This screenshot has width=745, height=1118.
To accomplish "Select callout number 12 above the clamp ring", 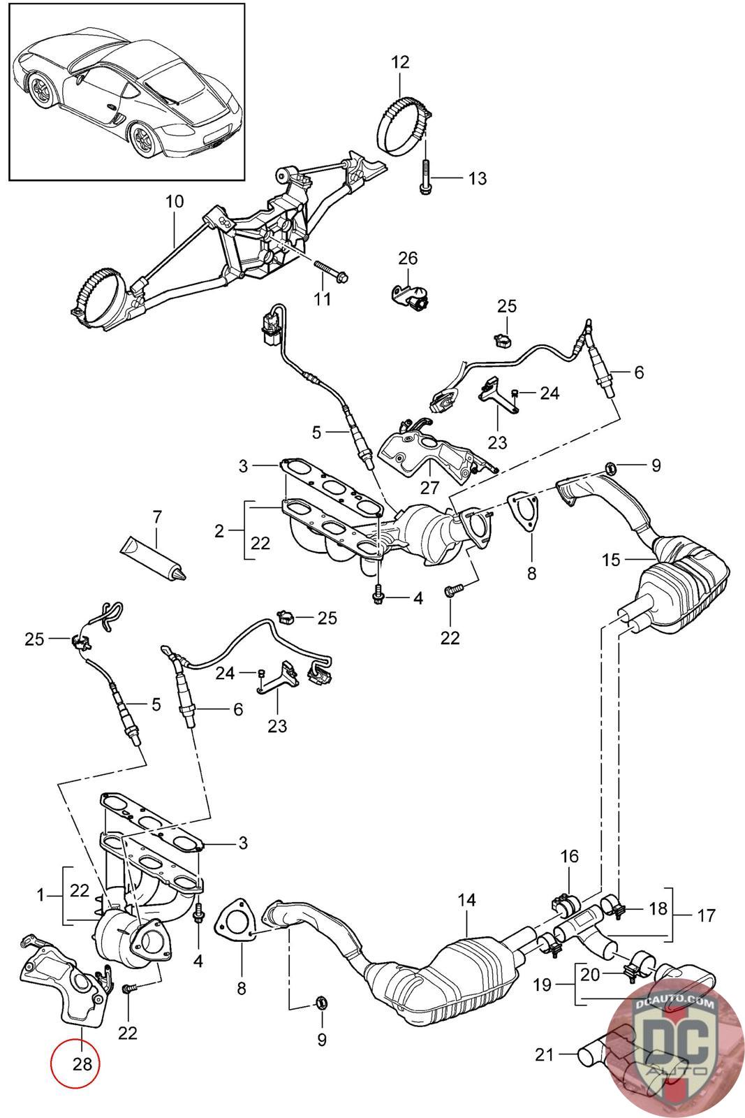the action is point(400,62).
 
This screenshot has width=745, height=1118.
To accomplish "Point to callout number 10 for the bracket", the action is point(175,202).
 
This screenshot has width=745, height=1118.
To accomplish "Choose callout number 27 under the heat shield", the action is point(429,487).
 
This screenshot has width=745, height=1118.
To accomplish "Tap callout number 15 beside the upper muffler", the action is point(611,560).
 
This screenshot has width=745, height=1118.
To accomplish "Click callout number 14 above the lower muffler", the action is point(466,900).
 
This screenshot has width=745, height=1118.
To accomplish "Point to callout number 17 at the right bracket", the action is point(706,915).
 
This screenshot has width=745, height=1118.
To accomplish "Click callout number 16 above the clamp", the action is point(569,857).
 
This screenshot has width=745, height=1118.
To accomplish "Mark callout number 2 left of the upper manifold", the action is point(219,531).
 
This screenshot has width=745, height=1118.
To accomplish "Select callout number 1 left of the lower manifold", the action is point(41,895).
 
